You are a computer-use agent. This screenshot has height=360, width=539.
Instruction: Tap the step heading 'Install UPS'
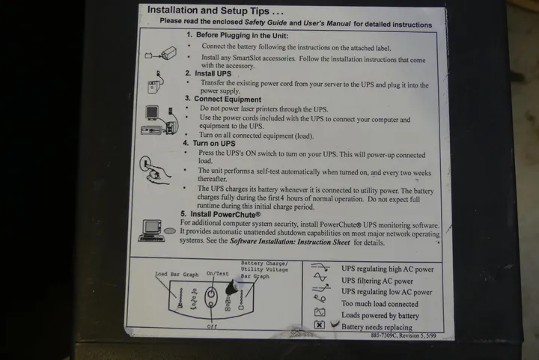tap(213, 73)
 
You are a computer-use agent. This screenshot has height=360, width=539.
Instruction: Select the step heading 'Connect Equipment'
tap(228, 100)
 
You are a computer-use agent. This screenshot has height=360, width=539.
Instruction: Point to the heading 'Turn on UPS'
tap(214, 143)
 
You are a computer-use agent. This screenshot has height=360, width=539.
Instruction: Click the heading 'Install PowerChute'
tap(225, 215)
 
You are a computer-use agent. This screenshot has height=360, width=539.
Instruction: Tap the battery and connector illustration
tap(160, 53)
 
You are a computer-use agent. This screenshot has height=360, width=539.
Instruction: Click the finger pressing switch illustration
tap(155, 170)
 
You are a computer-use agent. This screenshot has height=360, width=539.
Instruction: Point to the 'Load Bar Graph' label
tap(177, 274)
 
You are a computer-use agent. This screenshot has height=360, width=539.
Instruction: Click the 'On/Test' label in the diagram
tap(217, 273)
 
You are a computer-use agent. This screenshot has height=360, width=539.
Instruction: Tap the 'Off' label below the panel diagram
tap(212, 326)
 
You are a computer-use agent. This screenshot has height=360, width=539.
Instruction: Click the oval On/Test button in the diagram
tap(211, 297)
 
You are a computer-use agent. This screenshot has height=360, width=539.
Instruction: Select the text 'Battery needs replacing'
tap(377, 327)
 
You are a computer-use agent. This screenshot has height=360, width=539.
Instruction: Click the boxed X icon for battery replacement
tap(320, 325)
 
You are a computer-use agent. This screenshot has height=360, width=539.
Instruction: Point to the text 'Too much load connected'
tap(380, 304)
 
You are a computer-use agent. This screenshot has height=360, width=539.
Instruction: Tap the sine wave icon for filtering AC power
tap(320, 277)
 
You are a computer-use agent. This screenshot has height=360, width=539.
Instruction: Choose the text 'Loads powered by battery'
tap(380, 315)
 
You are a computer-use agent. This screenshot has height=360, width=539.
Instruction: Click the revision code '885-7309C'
tap(383, 335)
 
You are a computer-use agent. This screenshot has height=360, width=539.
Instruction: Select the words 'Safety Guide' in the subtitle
tap(265, 22)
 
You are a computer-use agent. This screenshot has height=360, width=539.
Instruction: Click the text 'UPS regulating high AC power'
tap(388, 269)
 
